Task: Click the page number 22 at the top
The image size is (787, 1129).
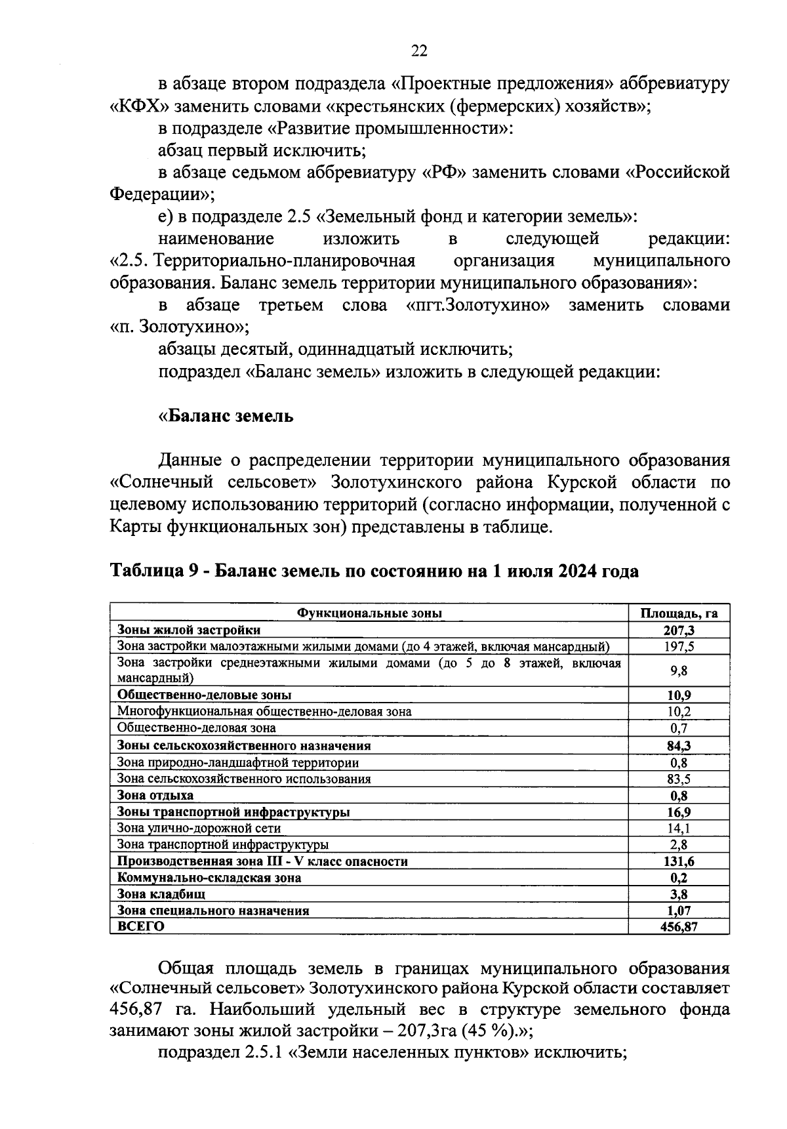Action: (x=420, y=52)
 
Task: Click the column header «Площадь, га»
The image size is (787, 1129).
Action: (x=679, y=613)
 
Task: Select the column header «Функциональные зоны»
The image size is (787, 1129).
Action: (x=369, y=613)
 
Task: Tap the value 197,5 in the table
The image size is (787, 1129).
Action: (x=679, y=646)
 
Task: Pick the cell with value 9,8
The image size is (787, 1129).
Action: (x=679, y=670)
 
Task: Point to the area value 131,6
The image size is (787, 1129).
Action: (x=679, y=861)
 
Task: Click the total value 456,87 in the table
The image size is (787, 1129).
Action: (x=679, y=926)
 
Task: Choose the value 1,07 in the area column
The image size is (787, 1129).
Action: (x=679, y=910)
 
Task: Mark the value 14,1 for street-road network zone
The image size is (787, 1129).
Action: (x=679, y=829)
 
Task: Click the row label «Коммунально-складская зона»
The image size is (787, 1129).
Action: (x=209, y=877)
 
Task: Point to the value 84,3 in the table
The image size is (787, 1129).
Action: (x=679, y=745)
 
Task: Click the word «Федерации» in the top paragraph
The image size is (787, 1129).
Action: (x=158, y=194)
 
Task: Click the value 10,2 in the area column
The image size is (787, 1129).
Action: (x=679, y=711)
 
